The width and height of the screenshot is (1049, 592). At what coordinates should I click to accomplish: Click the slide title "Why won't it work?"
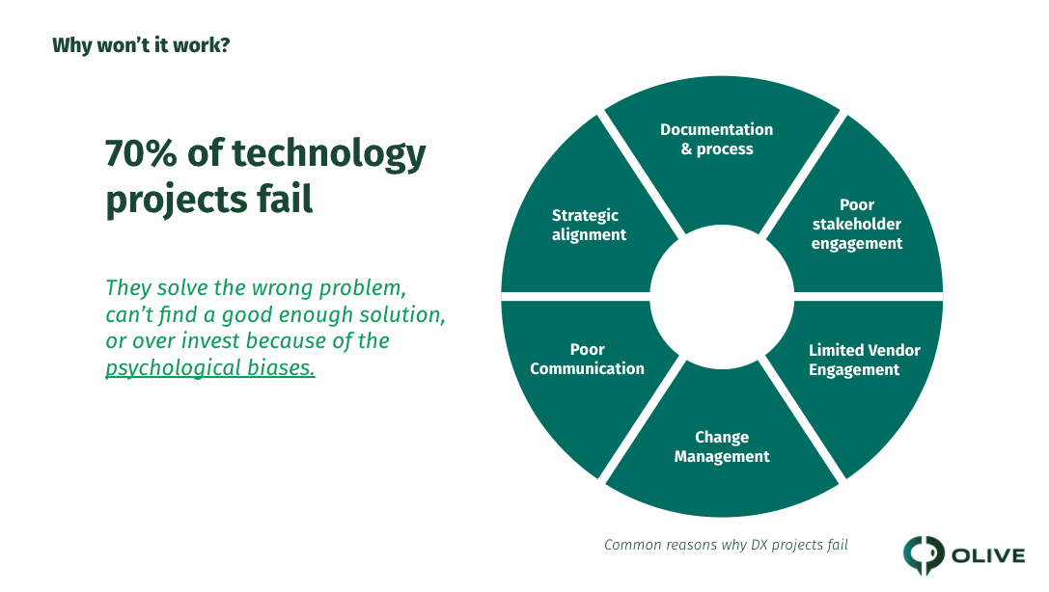coord(141,45)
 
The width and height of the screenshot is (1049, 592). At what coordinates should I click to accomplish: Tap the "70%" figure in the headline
coord(141,153)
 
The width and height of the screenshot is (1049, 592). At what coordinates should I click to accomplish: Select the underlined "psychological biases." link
coord(210,368)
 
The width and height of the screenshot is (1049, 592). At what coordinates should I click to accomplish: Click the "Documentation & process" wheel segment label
coord(716,139)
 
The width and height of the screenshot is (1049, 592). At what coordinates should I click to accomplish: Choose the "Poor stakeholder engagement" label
coord(857,225)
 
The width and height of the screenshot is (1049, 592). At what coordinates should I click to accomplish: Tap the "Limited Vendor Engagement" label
coord(865,361)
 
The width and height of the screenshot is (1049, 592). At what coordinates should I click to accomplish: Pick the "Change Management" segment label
coord(722,447)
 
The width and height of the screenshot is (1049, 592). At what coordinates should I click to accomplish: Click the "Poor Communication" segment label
coord(587,359)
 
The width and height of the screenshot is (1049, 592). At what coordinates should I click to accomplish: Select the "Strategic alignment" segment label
coord(589,226)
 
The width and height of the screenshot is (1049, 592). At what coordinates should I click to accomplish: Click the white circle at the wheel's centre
coord(722,297)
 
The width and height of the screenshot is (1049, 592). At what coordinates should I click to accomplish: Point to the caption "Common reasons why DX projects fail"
coord(726,545)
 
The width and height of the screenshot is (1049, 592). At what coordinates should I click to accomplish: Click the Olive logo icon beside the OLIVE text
coord(924,554)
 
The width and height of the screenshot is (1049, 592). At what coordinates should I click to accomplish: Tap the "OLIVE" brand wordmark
coord(988,555)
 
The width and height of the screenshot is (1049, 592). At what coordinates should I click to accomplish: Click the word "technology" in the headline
coord(328,154)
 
